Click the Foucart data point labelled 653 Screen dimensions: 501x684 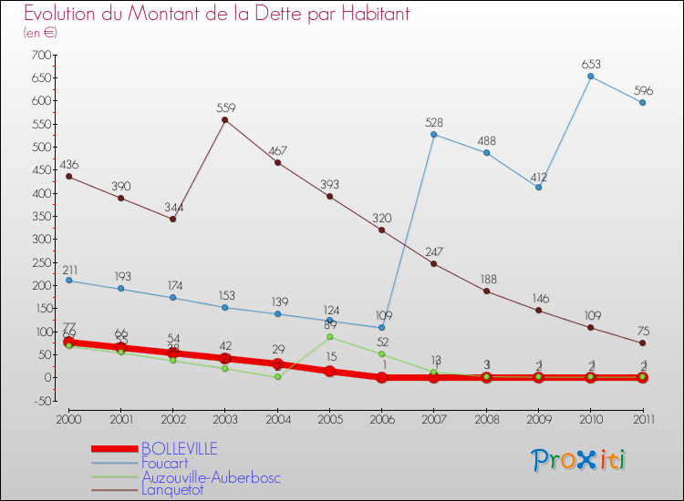(x=591, y=77)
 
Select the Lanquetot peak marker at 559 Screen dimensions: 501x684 (x=225, y=120)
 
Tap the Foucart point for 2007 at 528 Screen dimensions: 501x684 (x=433, y=135)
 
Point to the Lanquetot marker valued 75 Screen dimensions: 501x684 (x=643, y=343)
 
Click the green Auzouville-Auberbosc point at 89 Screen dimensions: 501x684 (x=329, y=337)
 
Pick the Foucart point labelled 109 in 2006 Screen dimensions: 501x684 (x=381, y=328)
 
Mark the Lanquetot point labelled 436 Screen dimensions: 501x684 (x=68, y=177)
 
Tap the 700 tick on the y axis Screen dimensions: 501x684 (x=40, y=56)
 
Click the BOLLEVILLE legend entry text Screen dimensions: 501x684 (x=178, y=449)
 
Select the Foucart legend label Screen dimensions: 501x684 (x=165, y=463)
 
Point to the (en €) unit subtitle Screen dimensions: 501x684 (x=41, y=33)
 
